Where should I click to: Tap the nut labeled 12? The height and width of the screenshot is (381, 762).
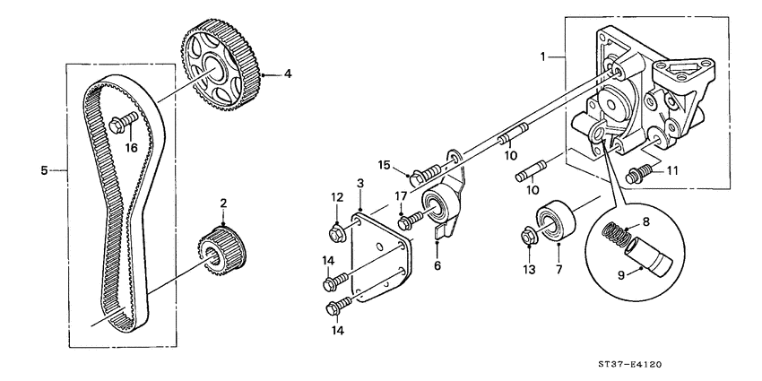click(x=338, y=235)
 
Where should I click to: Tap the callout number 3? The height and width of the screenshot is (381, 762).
click(x=359, y=183)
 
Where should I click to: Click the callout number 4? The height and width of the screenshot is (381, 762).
click(x=288, y=74)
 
